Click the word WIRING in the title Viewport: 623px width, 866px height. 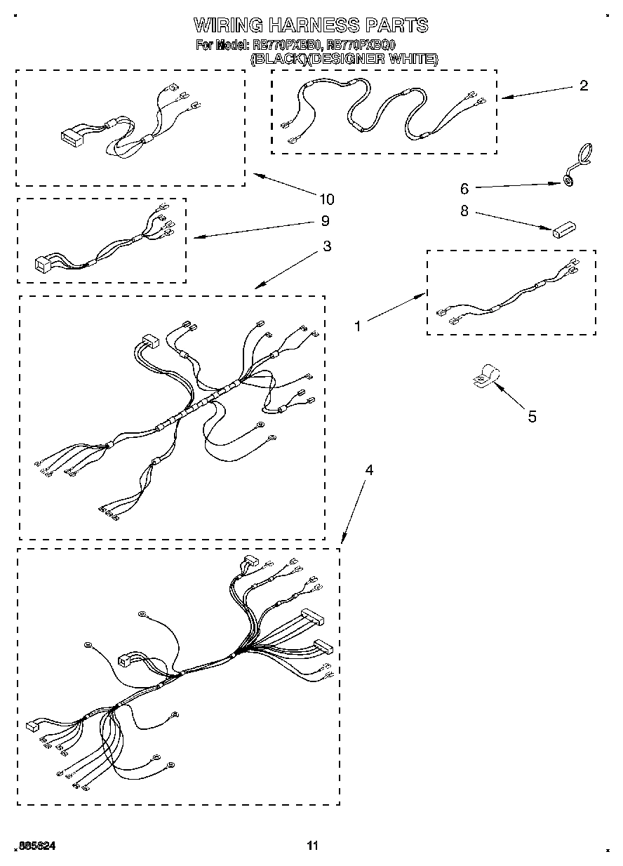(228, 26)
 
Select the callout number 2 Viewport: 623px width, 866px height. (583, 86)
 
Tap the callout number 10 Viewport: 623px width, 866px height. (326, 199)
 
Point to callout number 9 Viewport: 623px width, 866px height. (325, 221)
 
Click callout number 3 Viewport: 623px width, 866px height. (327, 246)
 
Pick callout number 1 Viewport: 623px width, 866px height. (358, 326)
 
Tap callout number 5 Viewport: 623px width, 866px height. (532, 417)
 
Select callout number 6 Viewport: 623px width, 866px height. (464, 188)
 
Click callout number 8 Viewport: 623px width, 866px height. (464, 211)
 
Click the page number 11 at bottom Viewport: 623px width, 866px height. (312, 846)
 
